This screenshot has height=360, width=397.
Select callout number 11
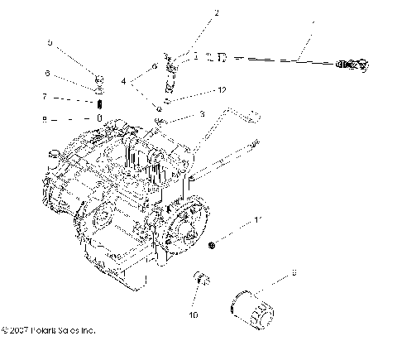tap(257, 220)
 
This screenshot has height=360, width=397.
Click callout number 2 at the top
tap(194, 13)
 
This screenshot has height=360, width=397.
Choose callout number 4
tap(125, 82)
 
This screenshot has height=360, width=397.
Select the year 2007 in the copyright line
tap(20, 330)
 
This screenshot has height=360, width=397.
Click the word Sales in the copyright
tap(69, 330)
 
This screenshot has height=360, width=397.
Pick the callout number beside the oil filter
tap(294, 271)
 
